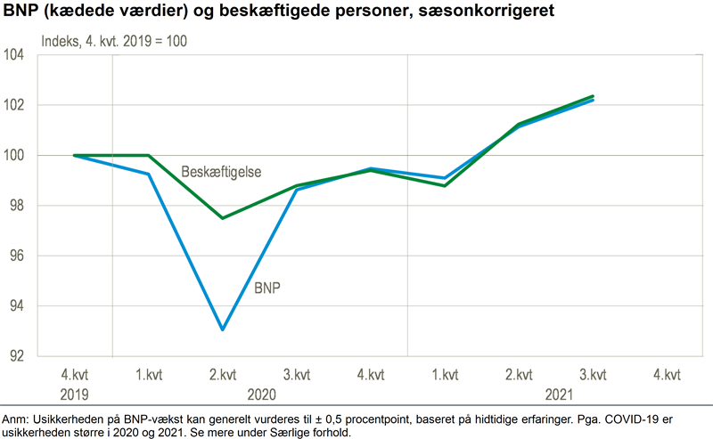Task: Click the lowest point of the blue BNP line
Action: (222, 329)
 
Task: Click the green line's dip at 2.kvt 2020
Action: (222, 218)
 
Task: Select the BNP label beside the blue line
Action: (268, 289)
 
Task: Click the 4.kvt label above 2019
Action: (75, 374)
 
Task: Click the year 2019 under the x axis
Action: (75, 394)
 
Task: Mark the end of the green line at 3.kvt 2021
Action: (593, 96)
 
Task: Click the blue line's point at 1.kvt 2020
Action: (148, 174)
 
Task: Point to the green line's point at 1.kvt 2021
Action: (445, 185)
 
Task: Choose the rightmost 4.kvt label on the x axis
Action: (667, 374)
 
